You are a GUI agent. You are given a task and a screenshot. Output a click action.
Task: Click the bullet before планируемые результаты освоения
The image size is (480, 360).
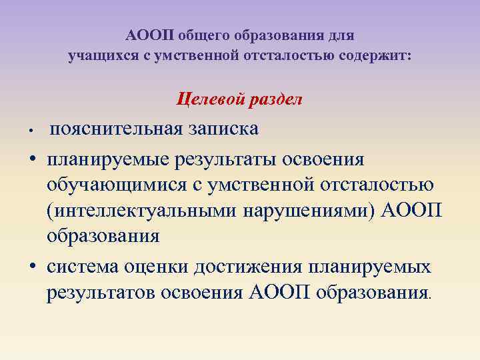(31, 160)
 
